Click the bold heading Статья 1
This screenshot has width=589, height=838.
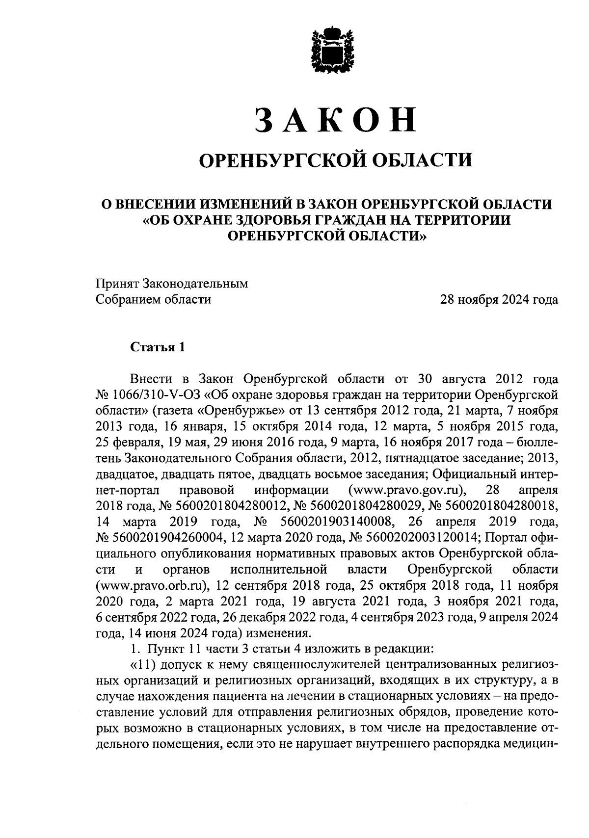click(158, 347)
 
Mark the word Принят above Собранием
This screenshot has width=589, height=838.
click(117, 284)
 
